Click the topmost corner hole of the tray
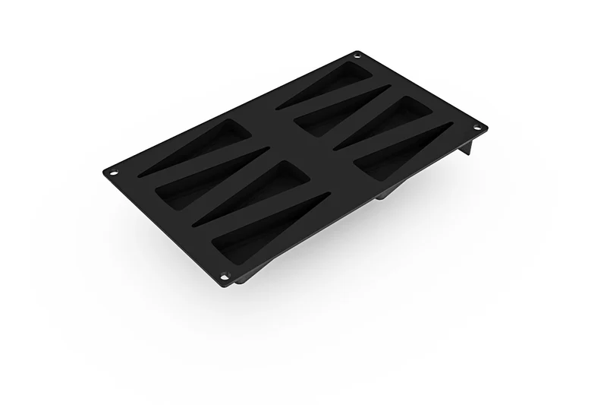click(x=356, y=55)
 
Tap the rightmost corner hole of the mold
click(x=478, y=127)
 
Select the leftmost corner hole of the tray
click(x=114, y=171)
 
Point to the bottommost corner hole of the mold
click(x=225, y=275)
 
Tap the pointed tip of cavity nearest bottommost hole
click(x=326, y=195)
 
